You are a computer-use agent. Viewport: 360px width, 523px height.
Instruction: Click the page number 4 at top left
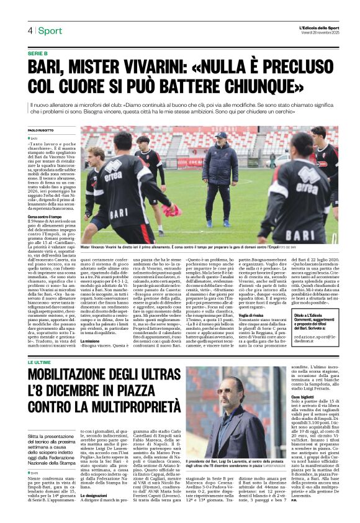pos(29,31)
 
